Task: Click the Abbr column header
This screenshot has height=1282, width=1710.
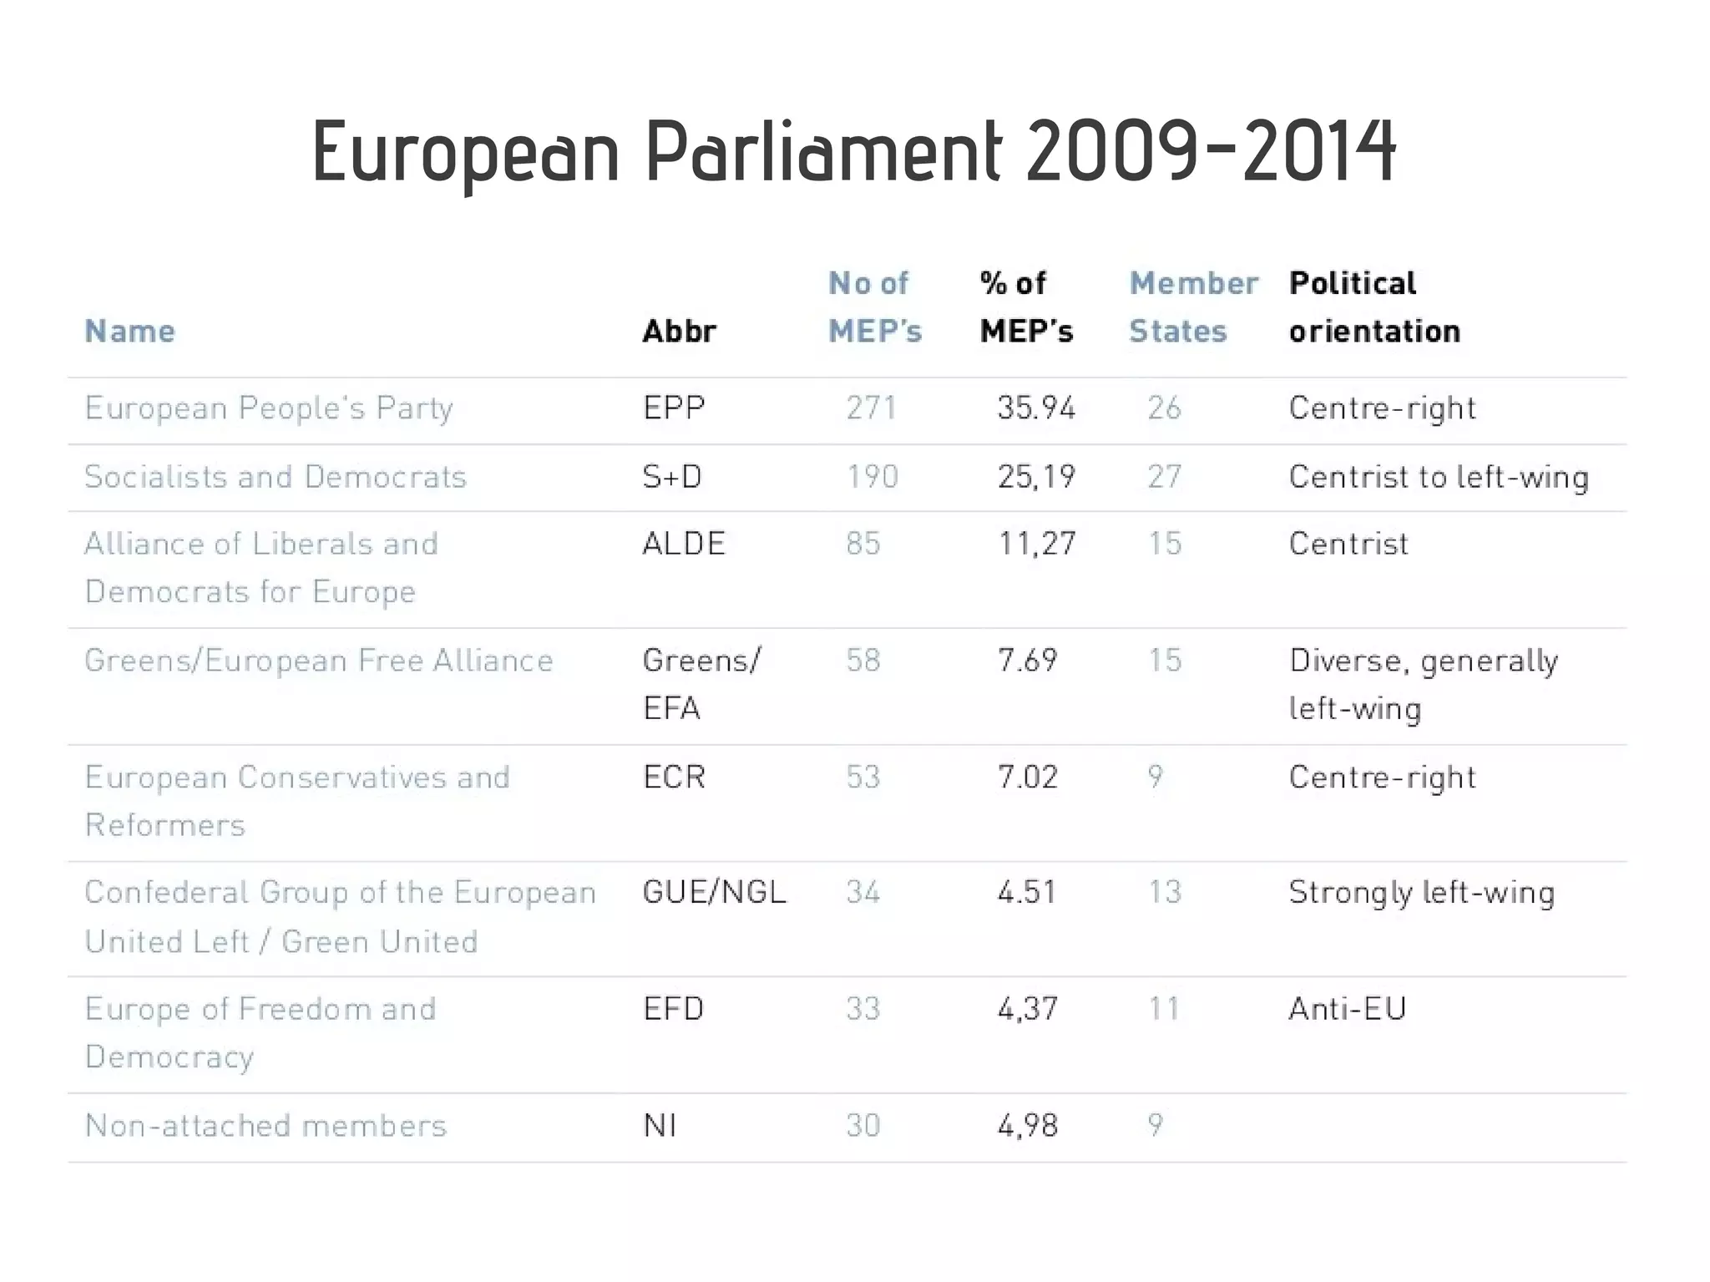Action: (679, 332)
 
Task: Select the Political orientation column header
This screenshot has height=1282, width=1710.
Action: (1374, 307)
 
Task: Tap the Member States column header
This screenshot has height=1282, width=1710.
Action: (1192, 307)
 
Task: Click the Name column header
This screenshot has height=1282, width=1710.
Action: (129, 332)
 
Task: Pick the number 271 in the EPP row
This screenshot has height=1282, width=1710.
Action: (871, 408)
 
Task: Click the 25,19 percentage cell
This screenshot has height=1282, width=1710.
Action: (1036, 477)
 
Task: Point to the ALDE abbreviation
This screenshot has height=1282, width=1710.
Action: (683, 544)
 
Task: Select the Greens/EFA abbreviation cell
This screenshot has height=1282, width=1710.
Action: (700, 684)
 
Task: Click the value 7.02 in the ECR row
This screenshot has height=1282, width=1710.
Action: (1027, 778)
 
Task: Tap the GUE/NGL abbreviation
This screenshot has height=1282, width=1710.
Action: (714, 893)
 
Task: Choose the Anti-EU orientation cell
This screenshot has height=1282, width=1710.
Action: (1347, 1009)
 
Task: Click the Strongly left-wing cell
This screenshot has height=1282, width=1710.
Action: (1421, 893)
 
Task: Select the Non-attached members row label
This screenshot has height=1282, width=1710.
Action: (266, 1126)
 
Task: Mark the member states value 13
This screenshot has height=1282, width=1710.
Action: (1164, 893)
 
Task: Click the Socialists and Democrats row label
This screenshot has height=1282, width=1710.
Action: (275, 477)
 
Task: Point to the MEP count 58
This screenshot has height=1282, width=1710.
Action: (863, 661)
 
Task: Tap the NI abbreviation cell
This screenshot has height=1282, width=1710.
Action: (660, 1126)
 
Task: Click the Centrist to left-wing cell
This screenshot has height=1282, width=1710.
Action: (1438, 477)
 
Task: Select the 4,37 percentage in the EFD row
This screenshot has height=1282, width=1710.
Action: (1027, 1009)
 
